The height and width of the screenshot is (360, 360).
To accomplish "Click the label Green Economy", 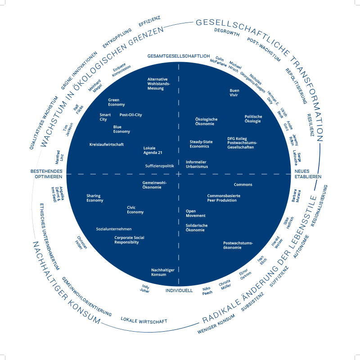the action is pyautogui.click(x=117, y=102).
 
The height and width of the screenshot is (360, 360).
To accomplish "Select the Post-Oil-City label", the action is pyautogui.click(x=130, y=115).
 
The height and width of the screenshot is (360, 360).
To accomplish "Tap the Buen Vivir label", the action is pyautogui.click(x=234, y=93).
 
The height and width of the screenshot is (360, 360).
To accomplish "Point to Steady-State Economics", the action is pyautogui.click(x=201, y=144).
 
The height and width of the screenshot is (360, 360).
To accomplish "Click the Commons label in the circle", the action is pyautogui.click(x=243, y=184).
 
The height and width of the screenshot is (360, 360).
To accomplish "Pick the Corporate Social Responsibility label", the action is pyautogui.click(x=129, y=240).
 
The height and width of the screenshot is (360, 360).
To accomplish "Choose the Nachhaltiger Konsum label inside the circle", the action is pyautogui.click(x=163, y=272).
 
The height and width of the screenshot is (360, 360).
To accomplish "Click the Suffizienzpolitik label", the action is pyautogui.click(x=160, y=166).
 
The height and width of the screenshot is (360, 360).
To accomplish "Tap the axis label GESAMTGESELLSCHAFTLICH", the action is pyautogui.click(x=179, y=56).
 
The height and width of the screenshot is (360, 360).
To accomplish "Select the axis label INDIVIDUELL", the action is pyautogui.click(x=179, y=291).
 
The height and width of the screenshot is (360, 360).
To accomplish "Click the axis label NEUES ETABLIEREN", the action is pyautogui.click(x=308, y=174).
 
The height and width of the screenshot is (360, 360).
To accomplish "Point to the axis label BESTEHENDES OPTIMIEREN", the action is pyautogui.click(x=46, y=174).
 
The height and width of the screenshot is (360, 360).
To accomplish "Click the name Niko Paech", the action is pyautogui.click(x=207, y=291).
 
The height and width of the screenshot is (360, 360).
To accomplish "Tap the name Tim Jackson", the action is pyautogui.click(x=68, y=129).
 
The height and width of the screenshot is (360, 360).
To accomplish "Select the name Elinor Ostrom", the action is pyautogui.click(x=245, y=274).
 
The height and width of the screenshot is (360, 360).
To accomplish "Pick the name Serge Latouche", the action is pyautogui.click(x=297, y=158).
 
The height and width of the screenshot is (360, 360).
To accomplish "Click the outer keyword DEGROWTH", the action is pyautogui.click(x=227, y=32).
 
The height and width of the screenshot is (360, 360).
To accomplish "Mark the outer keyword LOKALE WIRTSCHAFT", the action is pyautogui.click(x=144, y=320).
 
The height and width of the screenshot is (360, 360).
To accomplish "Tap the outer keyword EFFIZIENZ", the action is pyautogui.click(x=149, y=21).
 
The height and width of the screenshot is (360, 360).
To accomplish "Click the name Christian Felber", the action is pyautogui.click(x=81, y=243).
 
